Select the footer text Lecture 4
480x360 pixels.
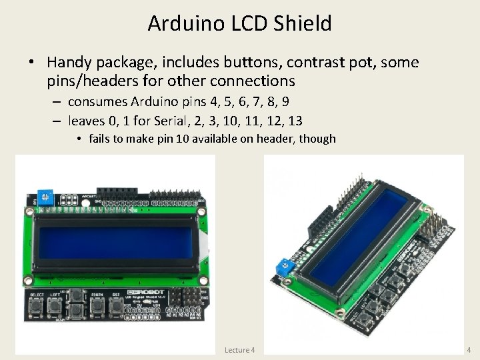[239, 349]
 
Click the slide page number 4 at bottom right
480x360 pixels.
[469, 349]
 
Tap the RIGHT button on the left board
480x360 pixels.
[97, 307]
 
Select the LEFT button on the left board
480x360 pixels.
[55, 307]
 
